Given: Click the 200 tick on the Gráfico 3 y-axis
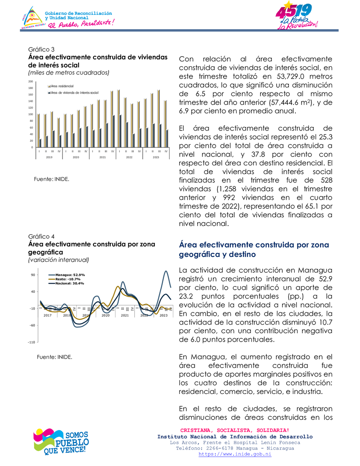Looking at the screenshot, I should coord(31,82).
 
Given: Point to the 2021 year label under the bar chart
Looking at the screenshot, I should coord(103,157).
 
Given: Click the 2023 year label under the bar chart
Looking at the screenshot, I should coord(156,157).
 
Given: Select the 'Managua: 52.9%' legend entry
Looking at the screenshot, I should coord(70,275).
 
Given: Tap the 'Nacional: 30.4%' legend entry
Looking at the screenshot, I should coord(70,284).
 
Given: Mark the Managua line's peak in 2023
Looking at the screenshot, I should coord(166,271).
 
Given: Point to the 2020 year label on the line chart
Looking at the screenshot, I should coord(105,315).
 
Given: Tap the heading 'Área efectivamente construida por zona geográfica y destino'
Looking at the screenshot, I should coord(254,250).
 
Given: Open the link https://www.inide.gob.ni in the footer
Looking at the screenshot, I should coord(235,454).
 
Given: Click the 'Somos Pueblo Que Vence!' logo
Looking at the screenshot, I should coord(61,442).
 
